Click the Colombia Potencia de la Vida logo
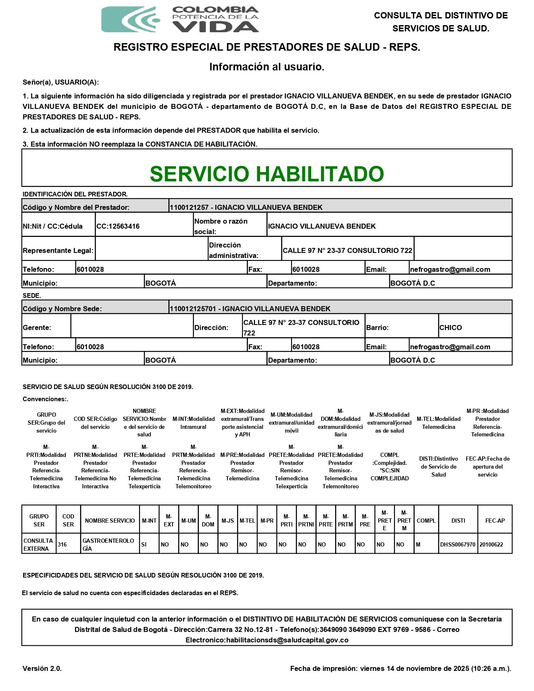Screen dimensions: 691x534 click(180, 19)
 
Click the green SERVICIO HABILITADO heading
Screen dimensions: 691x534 click(267, 174)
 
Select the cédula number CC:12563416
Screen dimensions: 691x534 click(118, 226)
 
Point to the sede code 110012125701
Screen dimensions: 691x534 click(193, 309)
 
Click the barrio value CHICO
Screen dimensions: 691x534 click(451, 327)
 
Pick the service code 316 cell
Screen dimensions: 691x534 click(62, 544)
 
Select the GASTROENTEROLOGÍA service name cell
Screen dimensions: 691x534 click(108, 544)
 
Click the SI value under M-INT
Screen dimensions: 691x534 click(144, 544)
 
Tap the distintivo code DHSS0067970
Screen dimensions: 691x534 click(458, 544)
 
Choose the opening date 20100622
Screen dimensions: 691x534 click(491, 544)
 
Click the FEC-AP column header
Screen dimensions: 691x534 click(495, 521)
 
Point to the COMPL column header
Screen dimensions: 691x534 click(426, 521)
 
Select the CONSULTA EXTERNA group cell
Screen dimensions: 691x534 click(38, 544)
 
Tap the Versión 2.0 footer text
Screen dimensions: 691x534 click(42, 668)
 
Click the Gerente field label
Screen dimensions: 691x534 click(37, 327)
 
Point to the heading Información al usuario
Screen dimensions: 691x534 click(267, 67)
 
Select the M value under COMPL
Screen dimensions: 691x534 click(418, 544)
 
